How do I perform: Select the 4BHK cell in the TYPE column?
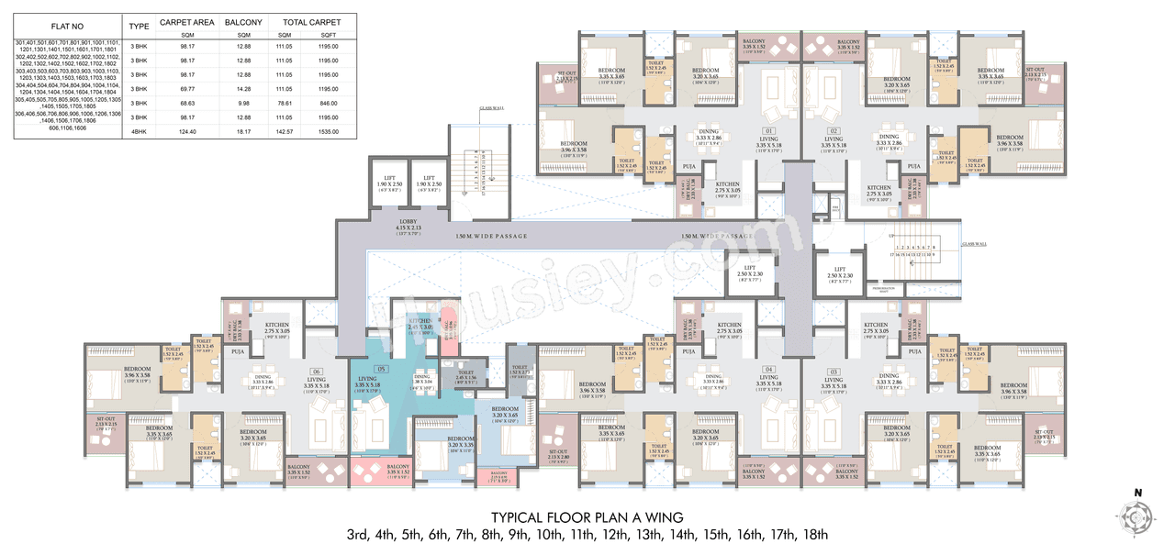[139, 133]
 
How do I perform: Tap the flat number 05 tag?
[381, 369]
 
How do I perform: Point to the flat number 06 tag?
[315, 372]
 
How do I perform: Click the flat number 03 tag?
[834, 372]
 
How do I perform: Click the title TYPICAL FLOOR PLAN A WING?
[587, 516]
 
